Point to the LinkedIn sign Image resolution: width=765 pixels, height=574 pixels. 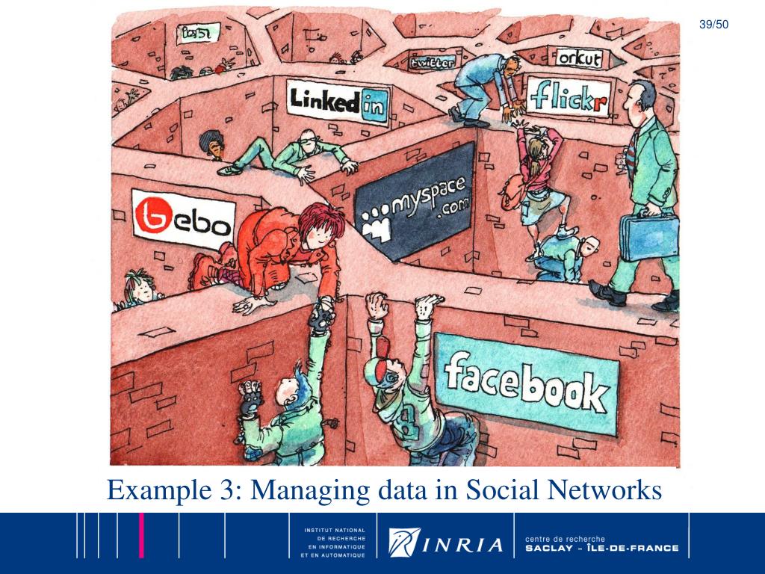(339, 102)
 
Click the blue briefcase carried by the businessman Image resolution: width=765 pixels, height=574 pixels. (646, 236)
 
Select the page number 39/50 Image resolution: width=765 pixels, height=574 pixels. (713, 25)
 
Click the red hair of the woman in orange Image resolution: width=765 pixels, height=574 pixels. (317, 221)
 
